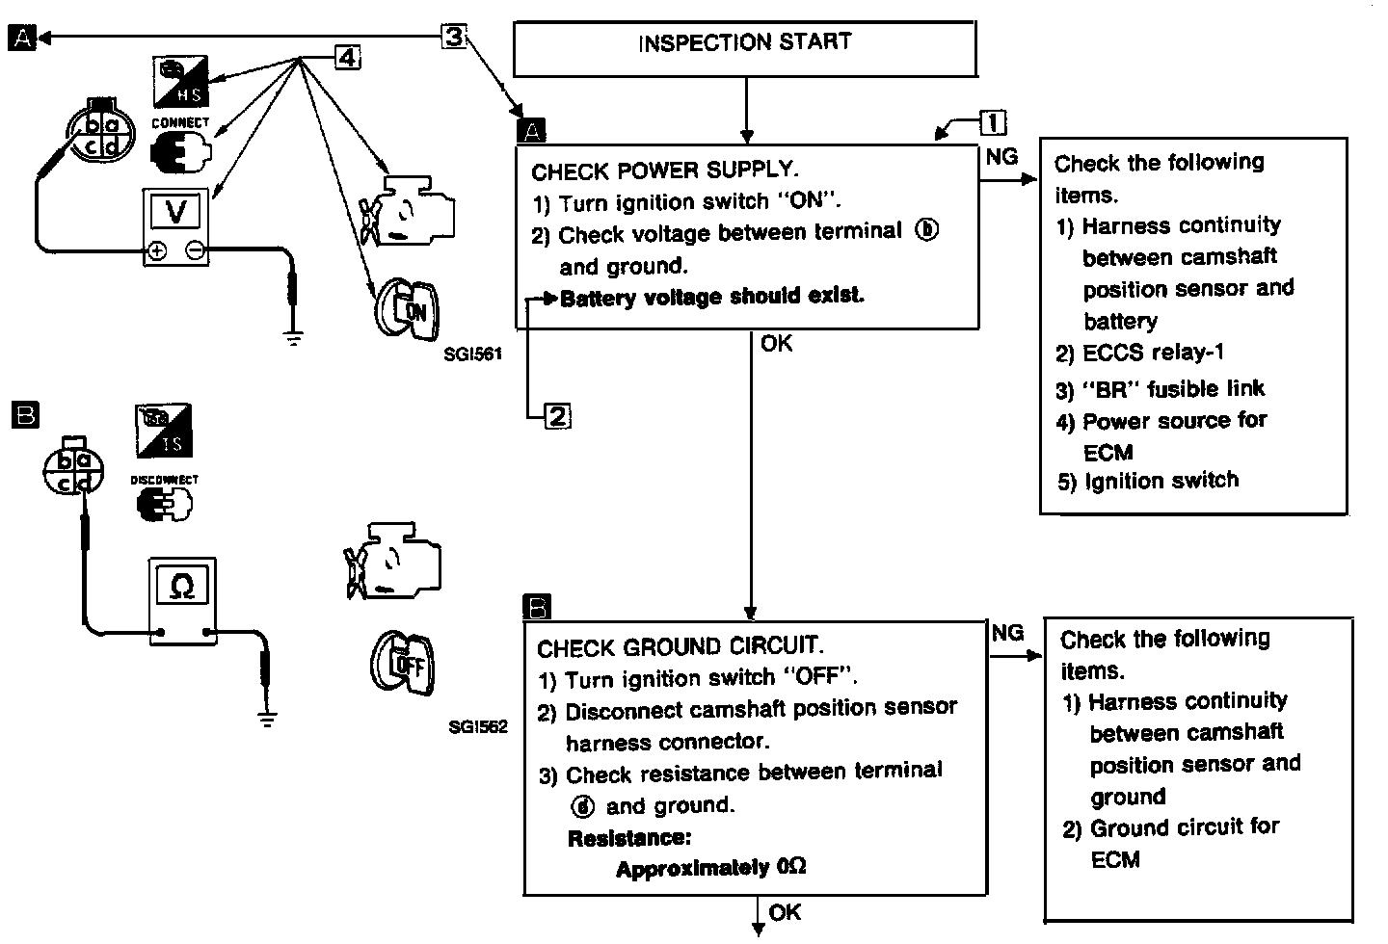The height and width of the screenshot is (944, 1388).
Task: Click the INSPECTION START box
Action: click(x=744, y=49)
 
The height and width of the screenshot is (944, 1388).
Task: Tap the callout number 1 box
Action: click(x=993, y=123)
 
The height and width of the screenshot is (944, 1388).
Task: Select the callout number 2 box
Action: click(x=558, y=416)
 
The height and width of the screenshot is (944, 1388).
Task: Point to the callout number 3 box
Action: click(x=454, y=37)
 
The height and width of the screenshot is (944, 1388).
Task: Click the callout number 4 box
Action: click(x=347, y=58)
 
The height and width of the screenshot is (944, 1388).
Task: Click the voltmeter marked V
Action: click(x=176, y=227)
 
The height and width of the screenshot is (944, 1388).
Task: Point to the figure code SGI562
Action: click(x=477, y=727)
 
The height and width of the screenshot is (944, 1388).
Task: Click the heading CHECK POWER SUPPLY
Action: click(x=664, y=171)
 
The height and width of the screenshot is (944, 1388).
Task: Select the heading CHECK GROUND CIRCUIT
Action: click(x=679, y=646)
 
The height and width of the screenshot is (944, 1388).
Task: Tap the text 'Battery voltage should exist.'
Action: click(x=711, y=297)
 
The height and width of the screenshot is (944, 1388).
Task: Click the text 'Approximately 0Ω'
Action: click(x=710, y=868)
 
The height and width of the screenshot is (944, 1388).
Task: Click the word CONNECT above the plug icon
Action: click(x=180, y=123)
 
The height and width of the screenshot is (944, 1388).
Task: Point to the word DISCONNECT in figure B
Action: click(x=165, y=480)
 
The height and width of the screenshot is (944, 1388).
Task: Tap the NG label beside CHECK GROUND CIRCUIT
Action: click(x=1007, y=632)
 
